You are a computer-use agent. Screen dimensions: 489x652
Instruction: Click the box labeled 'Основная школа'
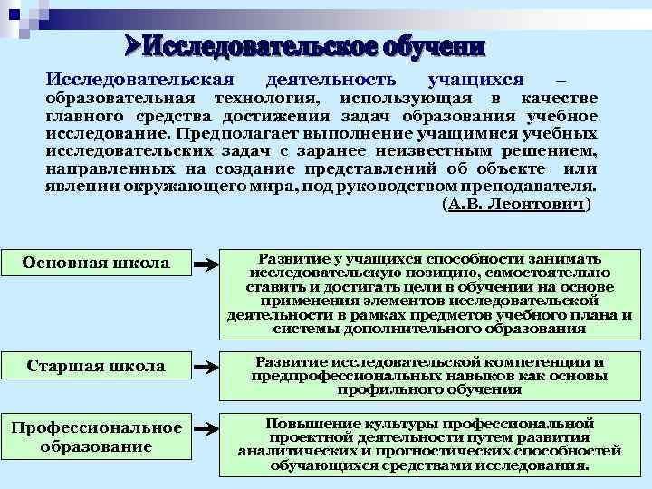[x=96, y=263]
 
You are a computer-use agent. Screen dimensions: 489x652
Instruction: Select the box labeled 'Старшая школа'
[x=96, y=366]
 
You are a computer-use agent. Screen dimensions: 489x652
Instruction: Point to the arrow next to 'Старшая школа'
[x=208, y=367]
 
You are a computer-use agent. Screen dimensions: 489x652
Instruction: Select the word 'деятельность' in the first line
[x=340, y=80]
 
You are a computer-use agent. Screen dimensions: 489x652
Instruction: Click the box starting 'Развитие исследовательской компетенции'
[x=429, y=375]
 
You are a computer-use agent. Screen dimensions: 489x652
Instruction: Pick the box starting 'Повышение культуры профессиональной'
[x=429, y=444]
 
